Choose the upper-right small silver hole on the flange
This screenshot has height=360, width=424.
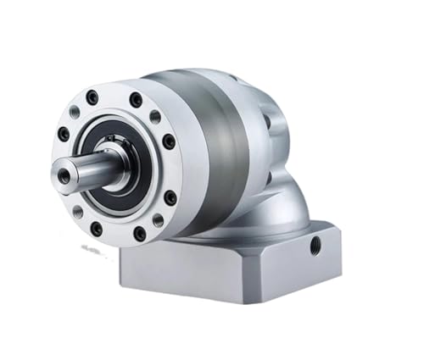pyautogui.click(x=155, y=117)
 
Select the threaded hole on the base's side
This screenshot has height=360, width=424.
pyautogui.click(x=315, y=246)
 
